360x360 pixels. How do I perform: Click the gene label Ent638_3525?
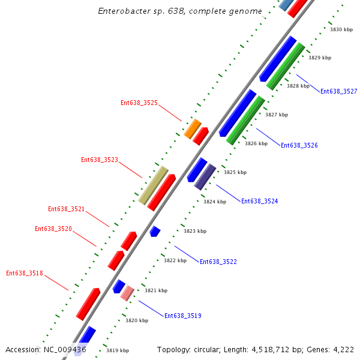[x=139, y=103]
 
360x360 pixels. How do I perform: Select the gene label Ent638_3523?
[x=100, y=160]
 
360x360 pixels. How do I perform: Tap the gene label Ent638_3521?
[x=66, y=209]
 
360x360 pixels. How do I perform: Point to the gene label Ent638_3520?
[x=53, y=229]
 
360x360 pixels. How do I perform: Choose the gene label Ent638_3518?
[x=25, y=273]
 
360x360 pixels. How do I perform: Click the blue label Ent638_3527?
[x=338, y=91]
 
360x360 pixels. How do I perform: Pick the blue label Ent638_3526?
[x=299, y=145]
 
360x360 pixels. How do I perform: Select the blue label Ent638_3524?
[x=259, y=201]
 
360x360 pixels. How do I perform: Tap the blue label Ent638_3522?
[x=218, y=262]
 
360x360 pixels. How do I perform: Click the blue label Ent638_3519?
[x=182, y=316]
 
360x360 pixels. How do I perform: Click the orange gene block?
[x=193, y=128]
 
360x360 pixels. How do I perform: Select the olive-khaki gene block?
[x=154, y=185]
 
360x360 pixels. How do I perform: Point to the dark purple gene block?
[x=205, y=176]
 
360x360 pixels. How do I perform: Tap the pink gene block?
[x=127, y=293]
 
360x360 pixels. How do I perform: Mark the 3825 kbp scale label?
[x=235, y=172]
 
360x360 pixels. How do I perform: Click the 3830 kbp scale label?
[x=341, y=29]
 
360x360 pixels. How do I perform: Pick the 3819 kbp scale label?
[x=117, y=350]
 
